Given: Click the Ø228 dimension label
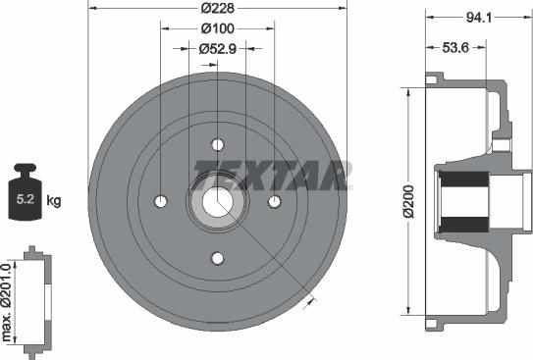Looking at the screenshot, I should click(x=217, y=9).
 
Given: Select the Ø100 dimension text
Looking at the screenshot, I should click(x=217, y=28).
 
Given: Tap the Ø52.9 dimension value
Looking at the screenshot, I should click(x=217, y=47).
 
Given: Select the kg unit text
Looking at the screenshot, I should click(x=54, y=201).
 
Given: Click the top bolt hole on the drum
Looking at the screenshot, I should click(x=218, y=144).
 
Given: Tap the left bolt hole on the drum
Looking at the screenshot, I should click(x=161, y=201).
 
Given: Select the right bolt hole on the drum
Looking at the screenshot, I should click(x=275, y=201).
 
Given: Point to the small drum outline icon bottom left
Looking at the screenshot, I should click(x=34, y=298).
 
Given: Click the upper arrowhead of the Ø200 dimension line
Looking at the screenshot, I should click(x=405, y=91).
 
